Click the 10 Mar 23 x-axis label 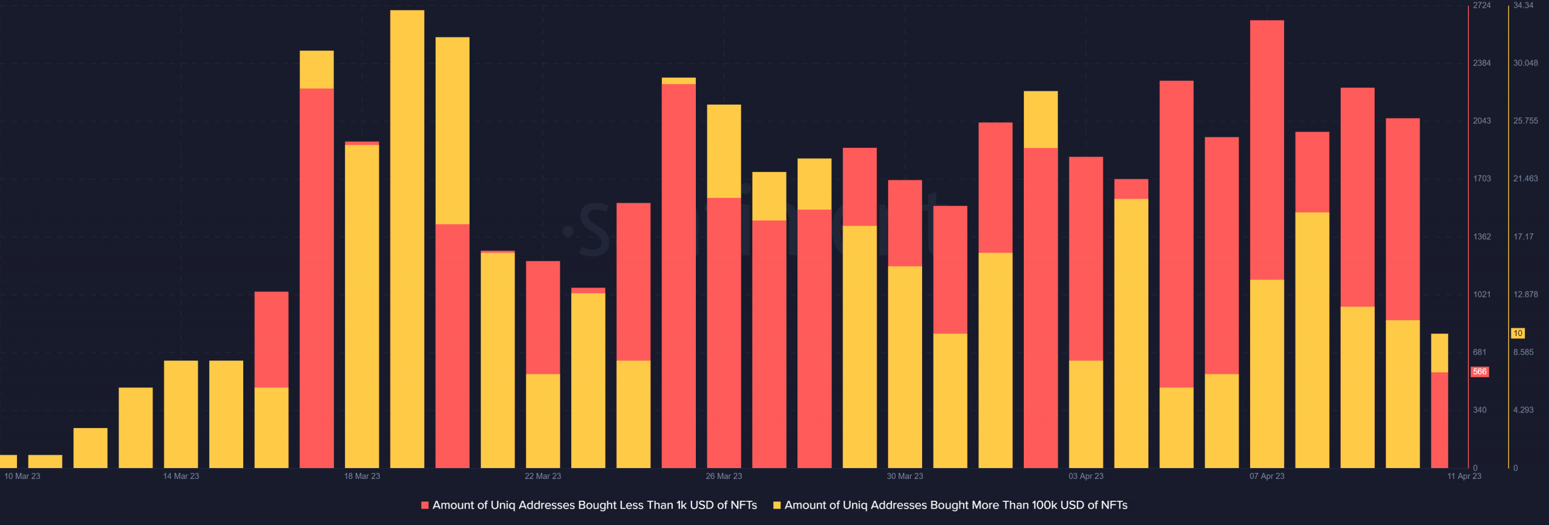[x=22, y=476]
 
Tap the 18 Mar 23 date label [x=362, y=476]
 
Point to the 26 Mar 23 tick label [x=724, y=476]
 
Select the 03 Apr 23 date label [x=1086, y=476]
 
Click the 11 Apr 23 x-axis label [x=1464, y=476]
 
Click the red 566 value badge [x=1479, y=372]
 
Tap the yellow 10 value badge [x=1518, y=333]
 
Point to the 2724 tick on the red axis [x=1482, y=5]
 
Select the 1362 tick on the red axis [x=1482, y=237]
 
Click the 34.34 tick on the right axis [x=1523, y=5]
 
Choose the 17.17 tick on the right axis [x=1523, y=237]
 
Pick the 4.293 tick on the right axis [x=1523, y=410]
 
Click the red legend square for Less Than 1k [x=425, y=505]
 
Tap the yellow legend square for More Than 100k [x=777, y=505]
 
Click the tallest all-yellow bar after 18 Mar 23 [x=407, y=242]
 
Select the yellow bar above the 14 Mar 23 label [x=181, y=414]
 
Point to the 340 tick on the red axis [x=1479, y=410]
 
